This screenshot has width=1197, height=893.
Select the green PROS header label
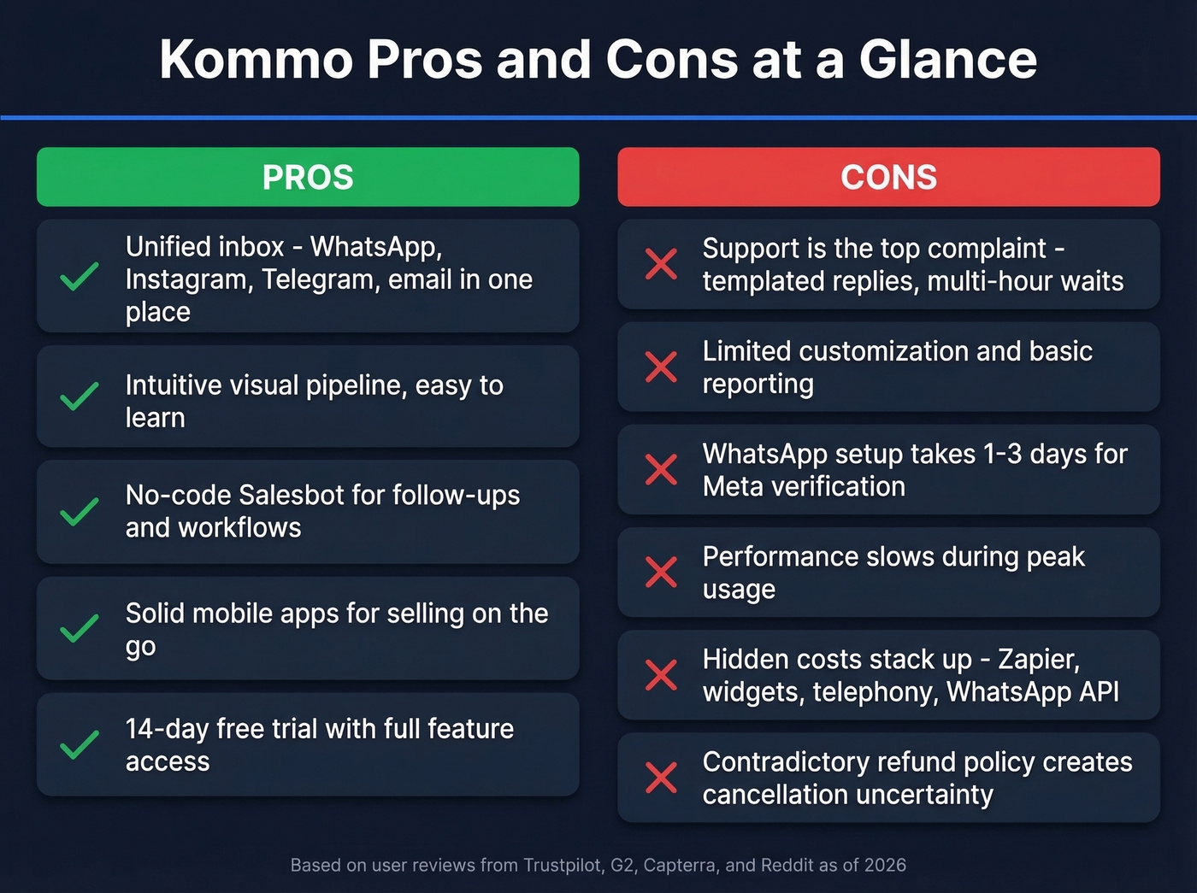pos(308,178)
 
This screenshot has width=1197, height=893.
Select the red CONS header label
pos(888,178)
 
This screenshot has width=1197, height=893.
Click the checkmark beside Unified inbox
pos(80,277)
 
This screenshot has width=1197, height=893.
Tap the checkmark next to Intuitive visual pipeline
pos(80,397)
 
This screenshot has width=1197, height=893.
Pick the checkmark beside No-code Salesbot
pos(80,512)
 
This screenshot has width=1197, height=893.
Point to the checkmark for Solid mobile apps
pos(80,629)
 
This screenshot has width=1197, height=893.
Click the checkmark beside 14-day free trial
pos(80,745)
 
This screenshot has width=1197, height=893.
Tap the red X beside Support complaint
pos(661,264)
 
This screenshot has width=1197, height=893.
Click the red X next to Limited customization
pos(661,367)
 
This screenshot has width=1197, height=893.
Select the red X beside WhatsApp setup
pos(661,469)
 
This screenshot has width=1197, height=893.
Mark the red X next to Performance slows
pos(661,573)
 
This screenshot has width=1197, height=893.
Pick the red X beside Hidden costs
pos(661,675)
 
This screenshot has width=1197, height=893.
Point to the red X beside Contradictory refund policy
pos(661,778)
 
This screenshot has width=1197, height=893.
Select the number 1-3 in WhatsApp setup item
pos(1002,454)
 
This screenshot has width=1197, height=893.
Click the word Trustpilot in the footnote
pos(563,865)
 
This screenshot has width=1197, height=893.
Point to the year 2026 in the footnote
pos(885,865)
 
